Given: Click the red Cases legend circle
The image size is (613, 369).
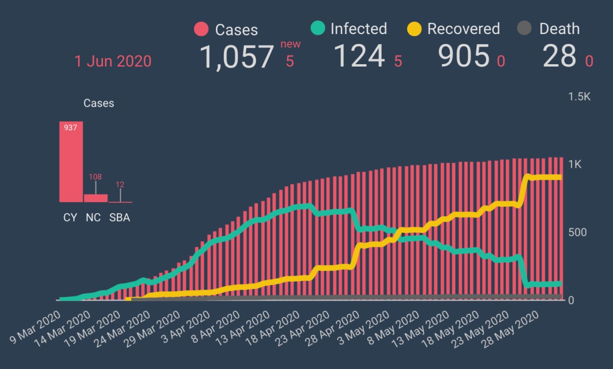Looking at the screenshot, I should click(201, 29).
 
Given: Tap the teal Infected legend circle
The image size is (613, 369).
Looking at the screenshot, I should click(317, 29).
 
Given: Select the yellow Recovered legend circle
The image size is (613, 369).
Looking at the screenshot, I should click(414, 29).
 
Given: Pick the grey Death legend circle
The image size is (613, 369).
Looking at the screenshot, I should click(525, 29).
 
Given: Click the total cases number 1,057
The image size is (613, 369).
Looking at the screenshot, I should click(236, 57).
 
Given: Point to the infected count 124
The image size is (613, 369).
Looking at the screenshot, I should click(359, 56).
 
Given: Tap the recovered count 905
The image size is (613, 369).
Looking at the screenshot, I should click(464, 57).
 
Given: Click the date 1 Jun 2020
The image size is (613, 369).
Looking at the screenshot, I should click(113, 61).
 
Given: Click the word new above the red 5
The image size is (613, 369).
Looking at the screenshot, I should click(290, 44).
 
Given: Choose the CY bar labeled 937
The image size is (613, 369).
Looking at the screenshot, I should click(71, 161).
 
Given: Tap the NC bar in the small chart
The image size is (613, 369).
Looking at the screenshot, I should click(96, 198).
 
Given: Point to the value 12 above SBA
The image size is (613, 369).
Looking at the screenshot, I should click(120, 184).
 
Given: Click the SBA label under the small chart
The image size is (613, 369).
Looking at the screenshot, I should click(119, 218).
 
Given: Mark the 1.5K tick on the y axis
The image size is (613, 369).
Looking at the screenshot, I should click(579, 96).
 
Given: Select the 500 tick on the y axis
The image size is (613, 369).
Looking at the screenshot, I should click(577, 232).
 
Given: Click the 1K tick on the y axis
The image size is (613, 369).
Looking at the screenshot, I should click(575, 164).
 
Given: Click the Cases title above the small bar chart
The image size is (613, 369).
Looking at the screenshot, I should click(99, 103).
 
